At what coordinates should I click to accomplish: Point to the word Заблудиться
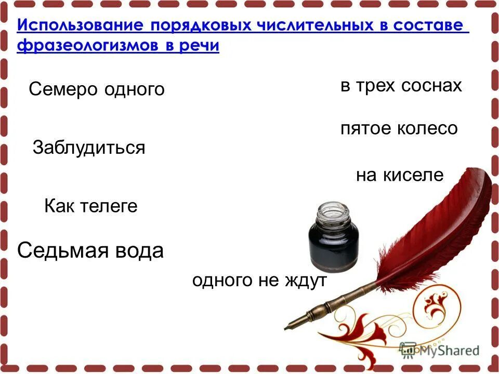tap(89, 148)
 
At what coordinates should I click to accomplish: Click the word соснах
tap(431, 86)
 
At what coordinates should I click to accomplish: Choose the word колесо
tap(427, 128)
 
